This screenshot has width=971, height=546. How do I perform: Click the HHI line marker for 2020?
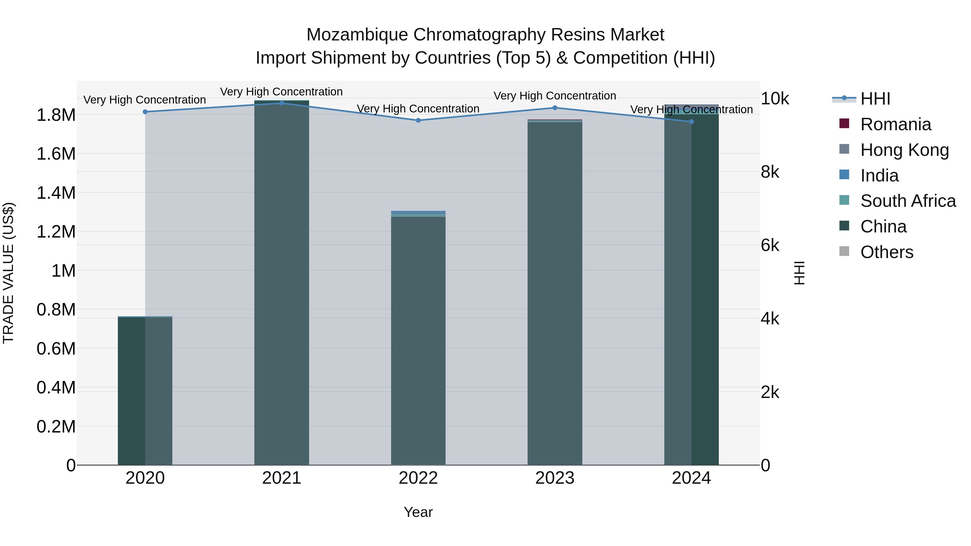(x=145, y=112)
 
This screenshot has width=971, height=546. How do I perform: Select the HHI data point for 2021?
(x=282, y=103)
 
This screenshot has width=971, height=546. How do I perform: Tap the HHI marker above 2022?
(x=418, y=121)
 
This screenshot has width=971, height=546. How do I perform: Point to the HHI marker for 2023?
(x=555, y=108)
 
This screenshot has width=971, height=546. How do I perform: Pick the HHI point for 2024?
(x=691, y=122)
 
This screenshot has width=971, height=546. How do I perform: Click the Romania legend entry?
(x=895, y=124)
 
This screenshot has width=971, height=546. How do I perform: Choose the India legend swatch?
(x=844, y=175)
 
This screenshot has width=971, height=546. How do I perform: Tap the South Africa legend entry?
(x=908, y=201)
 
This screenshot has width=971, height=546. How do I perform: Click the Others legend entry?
(x=887, y=252)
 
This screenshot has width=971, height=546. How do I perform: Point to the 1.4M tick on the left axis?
(x=56, y=193)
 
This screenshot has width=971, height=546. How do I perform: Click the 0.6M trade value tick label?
(x=56, y=349)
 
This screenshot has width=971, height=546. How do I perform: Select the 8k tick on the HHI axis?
(x=770, y=172)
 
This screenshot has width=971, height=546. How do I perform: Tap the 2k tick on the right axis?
(x=770, y=393)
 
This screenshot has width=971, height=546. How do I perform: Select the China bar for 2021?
(x=282, y=283)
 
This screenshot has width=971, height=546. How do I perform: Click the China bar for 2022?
(x=418, y=339)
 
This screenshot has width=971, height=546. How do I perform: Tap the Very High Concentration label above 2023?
(x=555, y=96)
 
